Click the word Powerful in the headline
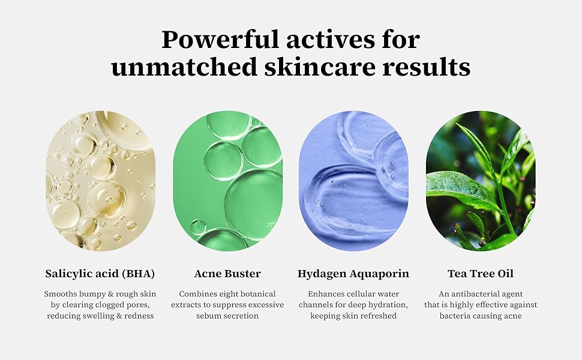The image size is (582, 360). [220, 40]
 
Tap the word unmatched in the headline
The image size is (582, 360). [184, 68]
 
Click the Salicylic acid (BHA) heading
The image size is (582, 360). [100, 274]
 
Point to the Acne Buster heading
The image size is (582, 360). [227, 274]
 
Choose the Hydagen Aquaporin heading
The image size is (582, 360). [353, 274]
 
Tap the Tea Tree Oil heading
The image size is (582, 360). [481, 274]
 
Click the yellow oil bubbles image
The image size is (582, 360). [100, 181]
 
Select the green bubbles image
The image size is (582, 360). [227, 181]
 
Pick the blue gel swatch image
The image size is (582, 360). [353, 181]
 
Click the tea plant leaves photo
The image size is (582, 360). [481, 181]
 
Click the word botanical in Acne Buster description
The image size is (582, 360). [257, 294]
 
